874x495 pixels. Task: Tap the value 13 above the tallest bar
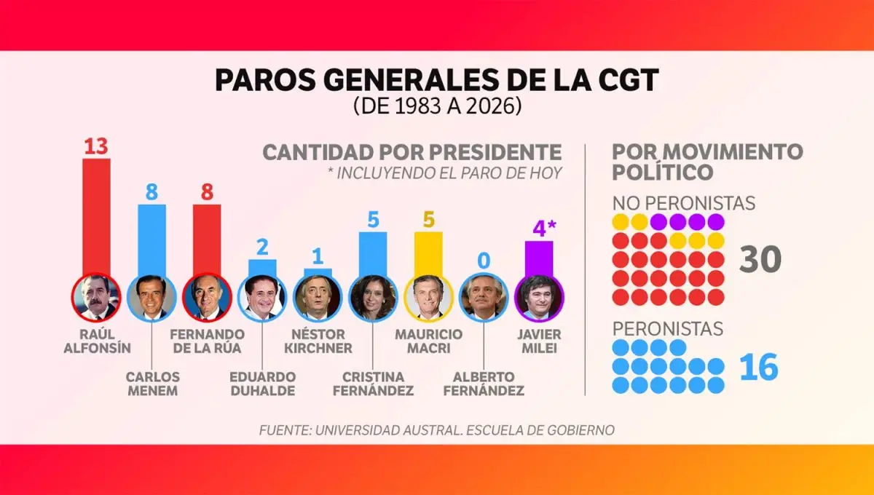[95, 146]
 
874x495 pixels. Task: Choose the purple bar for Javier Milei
[539, 258]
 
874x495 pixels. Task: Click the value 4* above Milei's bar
[543, 229]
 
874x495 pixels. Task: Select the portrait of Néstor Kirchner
[318, 298]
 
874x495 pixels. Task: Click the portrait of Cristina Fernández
[373, 298]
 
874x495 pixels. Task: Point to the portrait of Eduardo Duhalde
[262, 298]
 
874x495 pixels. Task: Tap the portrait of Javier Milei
[539, 298]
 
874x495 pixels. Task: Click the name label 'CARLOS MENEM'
[151, 384]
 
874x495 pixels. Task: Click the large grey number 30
[760, 259]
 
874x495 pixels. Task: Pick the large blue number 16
[759, 368]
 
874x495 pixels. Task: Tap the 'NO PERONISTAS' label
[683, 202]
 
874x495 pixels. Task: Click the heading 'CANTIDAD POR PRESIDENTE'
[412, 153]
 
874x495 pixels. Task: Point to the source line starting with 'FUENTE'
[436, 430]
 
